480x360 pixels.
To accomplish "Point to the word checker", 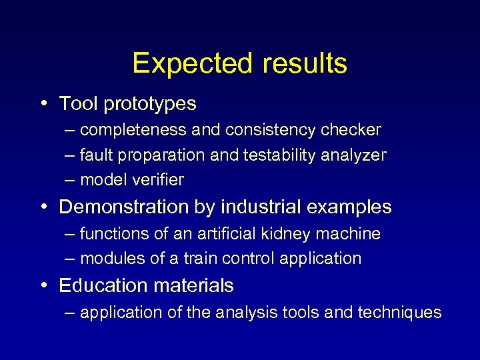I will click(x=354, y=129).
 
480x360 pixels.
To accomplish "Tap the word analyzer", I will click(x=353, y=155).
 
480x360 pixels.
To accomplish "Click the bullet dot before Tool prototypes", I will click(x=43, y=104).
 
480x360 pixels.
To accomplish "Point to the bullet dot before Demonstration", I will click(x=43, y=207).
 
